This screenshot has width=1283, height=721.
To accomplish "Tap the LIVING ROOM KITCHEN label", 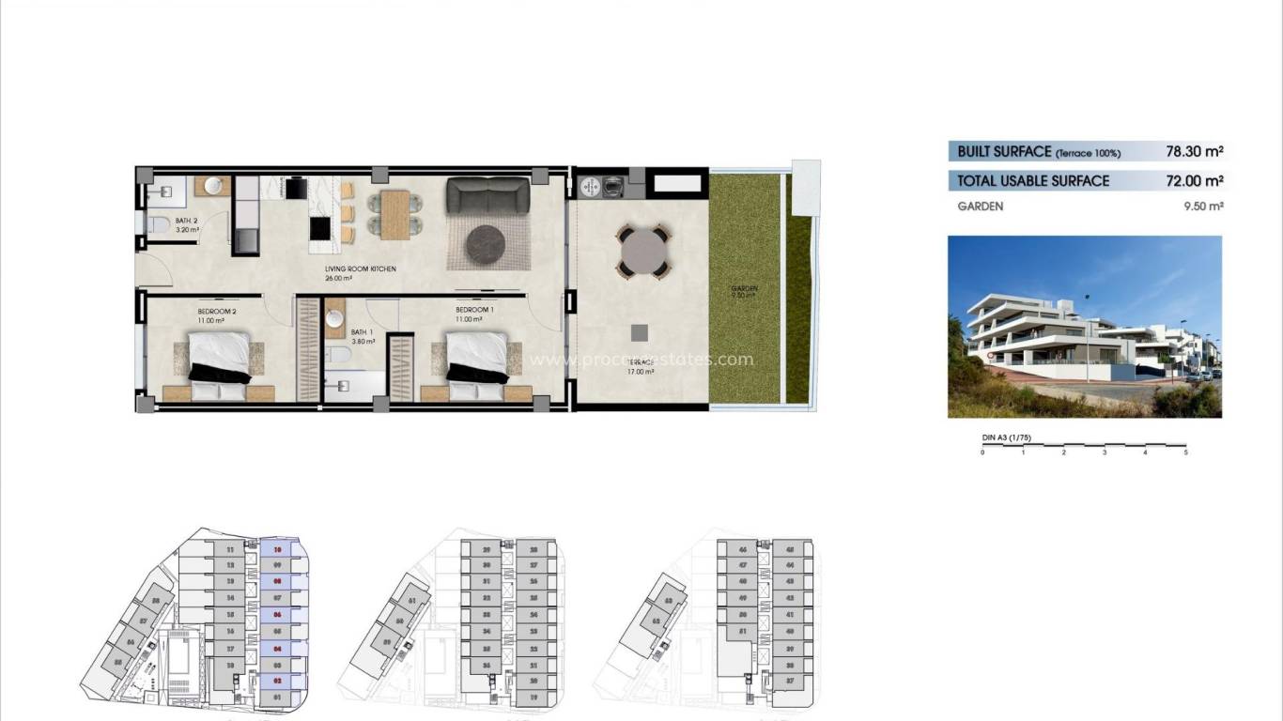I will pyautogui.click(x=360, y=269).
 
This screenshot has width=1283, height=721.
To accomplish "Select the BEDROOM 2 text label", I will pyautogui.click(x=216, y=311).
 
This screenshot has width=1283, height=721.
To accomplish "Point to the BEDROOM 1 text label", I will pyautogui.click(x=474, y=310).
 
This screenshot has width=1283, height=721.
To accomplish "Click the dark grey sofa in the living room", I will pyautogui.click(x=488, y=195).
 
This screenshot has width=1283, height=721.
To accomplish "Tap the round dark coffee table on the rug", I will pyautogui.click(x=486, y=244).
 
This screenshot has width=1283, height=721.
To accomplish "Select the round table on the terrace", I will pyautogui.click(x=642, y=251).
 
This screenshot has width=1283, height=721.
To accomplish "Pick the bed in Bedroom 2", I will pyautogui.click(x=220, y=358).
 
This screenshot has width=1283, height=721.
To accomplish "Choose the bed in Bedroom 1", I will pyautogui.click(x=476, y=358).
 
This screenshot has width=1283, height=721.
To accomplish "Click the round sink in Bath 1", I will pyautogui.click(x=336, y=319).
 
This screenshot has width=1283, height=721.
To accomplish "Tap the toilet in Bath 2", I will pyautogui.click(x=158, y=224).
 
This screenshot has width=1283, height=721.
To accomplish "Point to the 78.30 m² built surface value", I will pyautogui.click(x=1194, y=151).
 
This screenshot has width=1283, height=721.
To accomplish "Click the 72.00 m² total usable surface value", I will pyautogui.click(x=1194, y=180).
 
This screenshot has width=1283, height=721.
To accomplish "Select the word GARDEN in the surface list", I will pyautogui.click(x=981, y=207).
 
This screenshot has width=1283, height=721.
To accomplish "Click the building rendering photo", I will pyautogui.click(x=1085, y=327).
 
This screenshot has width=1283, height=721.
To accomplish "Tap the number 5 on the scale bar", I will pyautogui.click(x=1185, y=453).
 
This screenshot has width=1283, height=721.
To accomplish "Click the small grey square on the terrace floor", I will pyautogui.click(x=639, y=331).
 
